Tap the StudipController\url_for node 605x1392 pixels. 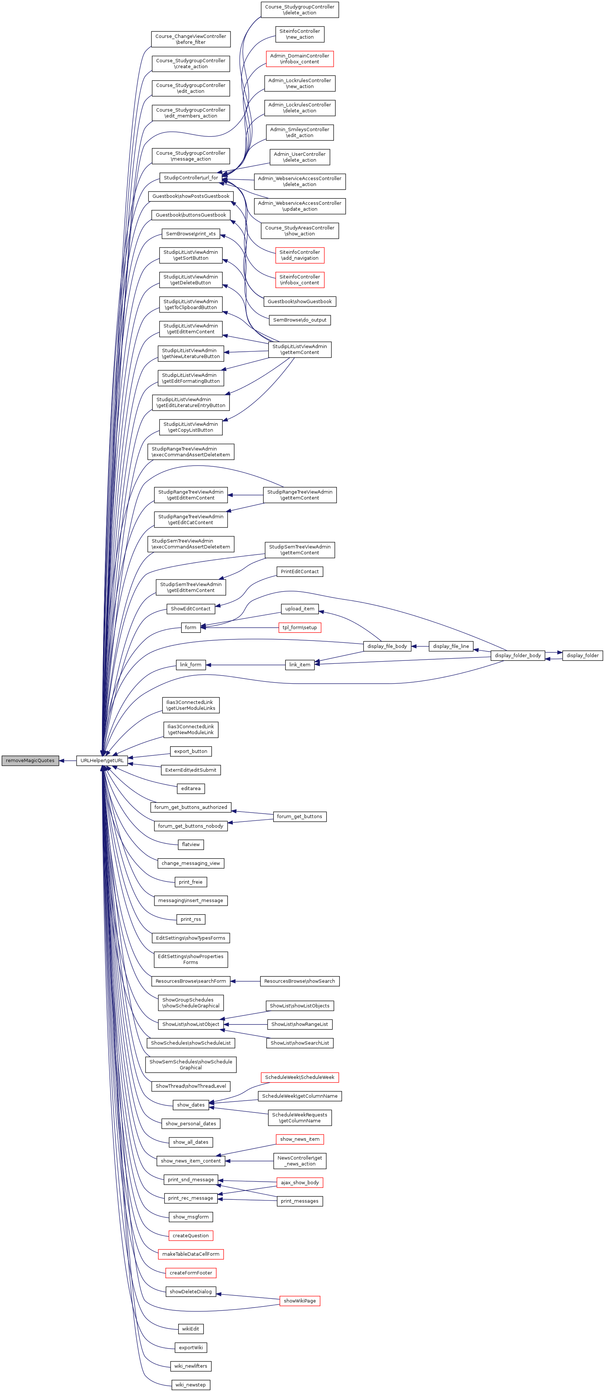(191, 178)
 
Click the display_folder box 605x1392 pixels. (582, 655)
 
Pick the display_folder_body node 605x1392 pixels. (517, 655)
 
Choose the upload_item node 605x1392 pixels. (300, 609)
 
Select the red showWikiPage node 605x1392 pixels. (300, 1301)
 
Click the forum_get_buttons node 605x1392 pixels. (300, 817)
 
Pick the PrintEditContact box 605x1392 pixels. (300, 572)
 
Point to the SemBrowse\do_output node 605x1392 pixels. (300, 320)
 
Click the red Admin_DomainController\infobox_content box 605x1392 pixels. (300, 59)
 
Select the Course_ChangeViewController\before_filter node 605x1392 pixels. (191, 39)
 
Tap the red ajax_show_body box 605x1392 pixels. (300, 1182)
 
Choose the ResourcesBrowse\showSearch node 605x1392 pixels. (300, 981)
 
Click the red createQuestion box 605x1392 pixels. (191, 1235)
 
